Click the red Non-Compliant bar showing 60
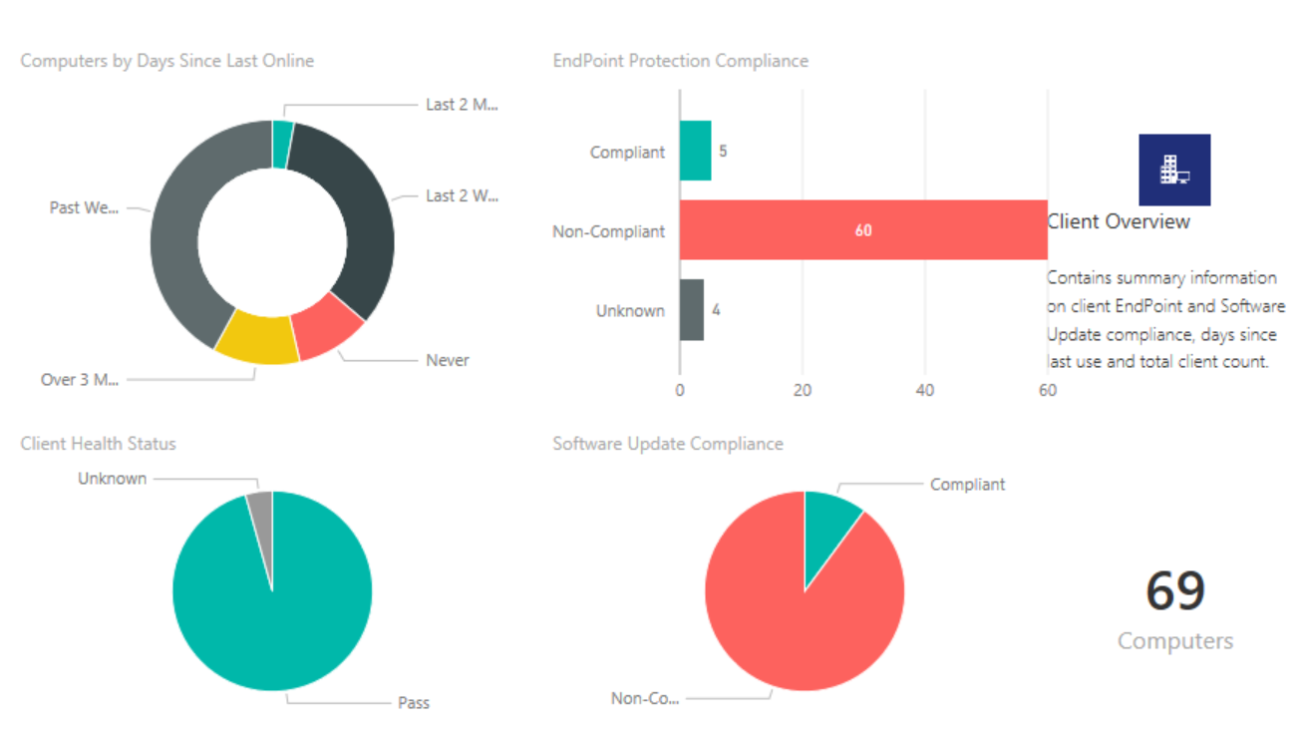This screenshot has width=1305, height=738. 862,230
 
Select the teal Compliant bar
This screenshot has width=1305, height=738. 695,151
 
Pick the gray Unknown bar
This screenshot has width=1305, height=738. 692,310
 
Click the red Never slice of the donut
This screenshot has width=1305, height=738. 330,326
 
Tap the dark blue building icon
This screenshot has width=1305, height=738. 1174,171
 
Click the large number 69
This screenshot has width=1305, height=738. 1174,590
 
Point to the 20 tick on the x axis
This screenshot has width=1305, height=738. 803,391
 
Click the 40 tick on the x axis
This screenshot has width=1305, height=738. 925,391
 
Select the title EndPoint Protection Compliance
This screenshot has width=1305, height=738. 680,61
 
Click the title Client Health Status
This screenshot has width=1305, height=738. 98,444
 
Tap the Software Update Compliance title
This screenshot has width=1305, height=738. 668,444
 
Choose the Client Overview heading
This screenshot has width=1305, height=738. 1118,221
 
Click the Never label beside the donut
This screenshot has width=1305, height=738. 447,360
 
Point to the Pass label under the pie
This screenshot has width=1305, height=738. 413,703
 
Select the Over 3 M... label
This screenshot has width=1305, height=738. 79,380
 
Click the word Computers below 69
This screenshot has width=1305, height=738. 1174,641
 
